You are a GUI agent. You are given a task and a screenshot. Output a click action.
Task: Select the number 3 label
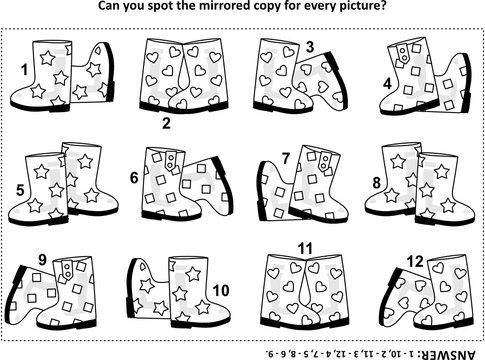tap(309, 45)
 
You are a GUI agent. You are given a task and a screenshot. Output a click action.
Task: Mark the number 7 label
tap(285, 157)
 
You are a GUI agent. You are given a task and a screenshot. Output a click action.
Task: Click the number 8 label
tap(377, 182)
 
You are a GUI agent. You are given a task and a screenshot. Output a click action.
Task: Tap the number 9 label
tap(43, 261)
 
